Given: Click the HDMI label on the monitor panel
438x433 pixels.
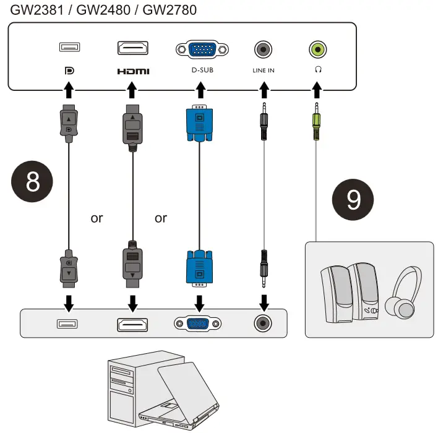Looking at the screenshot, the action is coord(133,71).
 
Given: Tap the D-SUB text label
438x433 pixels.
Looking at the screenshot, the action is coord(202,70).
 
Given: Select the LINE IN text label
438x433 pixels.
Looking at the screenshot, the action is coord(264,71).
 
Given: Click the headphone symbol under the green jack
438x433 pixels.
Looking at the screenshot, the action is coord(318,69).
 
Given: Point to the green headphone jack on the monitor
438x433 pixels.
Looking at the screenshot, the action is coord(318,49).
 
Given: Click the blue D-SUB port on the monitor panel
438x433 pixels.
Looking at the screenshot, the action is coord(202,49).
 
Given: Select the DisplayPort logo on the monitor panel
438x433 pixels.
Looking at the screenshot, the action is coord(69,71).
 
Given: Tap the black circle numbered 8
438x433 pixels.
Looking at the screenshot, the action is coord(32,182).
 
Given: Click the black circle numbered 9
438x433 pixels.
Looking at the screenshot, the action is coord(353,199).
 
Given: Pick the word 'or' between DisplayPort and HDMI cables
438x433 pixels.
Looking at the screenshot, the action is coord(97,218).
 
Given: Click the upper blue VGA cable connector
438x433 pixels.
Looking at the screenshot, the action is coord(199,123).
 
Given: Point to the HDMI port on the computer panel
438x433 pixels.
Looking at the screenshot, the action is coord(132,325).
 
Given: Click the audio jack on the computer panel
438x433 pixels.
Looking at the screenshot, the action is coord(263,324).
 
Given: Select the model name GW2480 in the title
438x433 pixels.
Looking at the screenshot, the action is coord(103,10).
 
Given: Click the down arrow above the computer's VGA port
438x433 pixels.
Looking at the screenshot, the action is coord(199,303).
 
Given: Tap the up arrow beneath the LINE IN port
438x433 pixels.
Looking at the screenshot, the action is coord(264,90).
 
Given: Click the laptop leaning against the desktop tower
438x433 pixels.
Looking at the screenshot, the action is coord(179,397).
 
